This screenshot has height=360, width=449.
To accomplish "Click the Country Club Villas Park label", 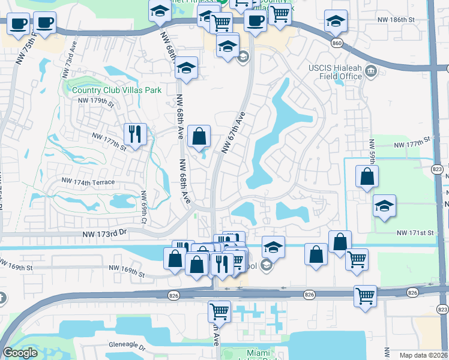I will (117, 90).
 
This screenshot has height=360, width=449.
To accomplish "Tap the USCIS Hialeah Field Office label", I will (336, 71).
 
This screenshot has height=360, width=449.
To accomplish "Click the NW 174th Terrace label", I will (88, 181).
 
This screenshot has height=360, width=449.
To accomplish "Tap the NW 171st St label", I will (414, 232).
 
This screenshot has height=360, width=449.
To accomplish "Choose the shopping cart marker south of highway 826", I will (219, 311).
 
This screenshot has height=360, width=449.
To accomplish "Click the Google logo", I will (20, 353).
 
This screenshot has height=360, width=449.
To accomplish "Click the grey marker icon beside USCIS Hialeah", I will (370, 72).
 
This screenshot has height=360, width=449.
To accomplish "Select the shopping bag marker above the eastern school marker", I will (366, 176).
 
